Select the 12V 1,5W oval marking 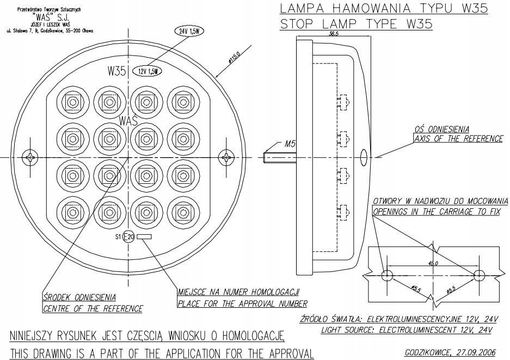click(149, 71)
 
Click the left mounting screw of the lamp click(32, 158)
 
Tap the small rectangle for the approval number click(145, 237)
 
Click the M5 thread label click(290, 144)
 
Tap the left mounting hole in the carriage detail click(386, 275)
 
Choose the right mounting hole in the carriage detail click(479, 275)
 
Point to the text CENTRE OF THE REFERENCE click(93, 309)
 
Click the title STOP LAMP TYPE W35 click(357, 24)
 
